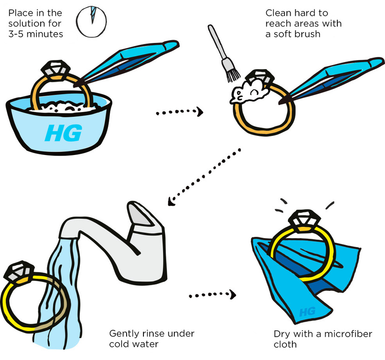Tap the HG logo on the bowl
[x=64, y=133]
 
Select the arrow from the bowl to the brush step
[x=179, y=112]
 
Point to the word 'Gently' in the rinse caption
[x=123, y=334]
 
